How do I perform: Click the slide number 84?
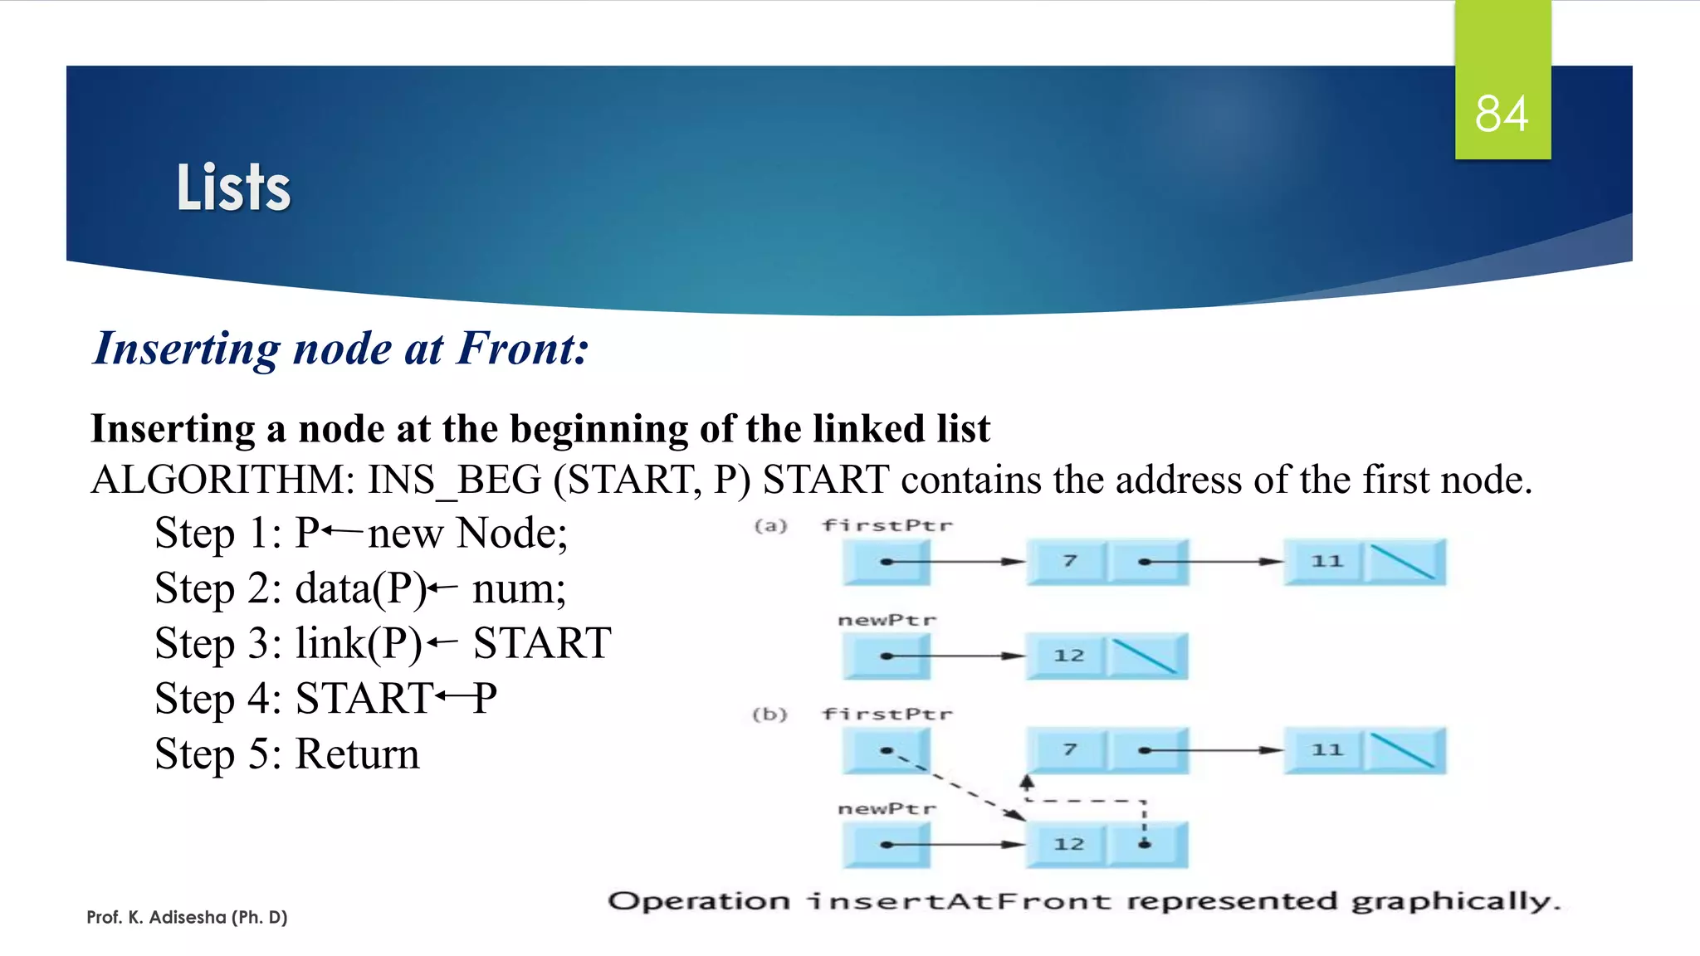(1502, 114)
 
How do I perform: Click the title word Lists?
(233, 188)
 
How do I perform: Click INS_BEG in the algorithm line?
(455, 480)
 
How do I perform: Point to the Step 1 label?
(217, 534)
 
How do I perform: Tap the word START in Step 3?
(542, 643)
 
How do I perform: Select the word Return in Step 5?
(357, 754)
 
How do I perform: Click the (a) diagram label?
(770, 525)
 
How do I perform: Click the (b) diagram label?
(769, 714)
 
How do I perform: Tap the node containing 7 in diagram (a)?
(1069, 562)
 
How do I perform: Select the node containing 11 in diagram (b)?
(1326, 750)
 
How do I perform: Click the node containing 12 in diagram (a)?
(1068, 656)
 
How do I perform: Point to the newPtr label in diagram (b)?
(887, 808)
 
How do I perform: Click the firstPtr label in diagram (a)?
(887, 525)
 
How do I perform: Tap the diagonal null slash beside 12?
(1145, 656)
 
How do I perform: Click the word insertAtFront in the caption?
(959, 901)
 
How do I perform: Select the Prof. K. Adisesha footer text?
(187, 917)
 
